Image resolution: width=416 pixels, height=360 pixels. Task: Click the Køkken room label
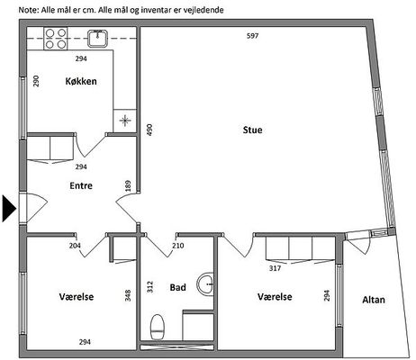click(x=81, y=81)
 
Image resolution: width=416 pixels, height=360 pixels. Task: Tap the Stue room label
click(x=252, y=130)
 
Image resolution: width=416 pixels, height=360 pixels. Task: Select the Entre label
click(x=81, y=185)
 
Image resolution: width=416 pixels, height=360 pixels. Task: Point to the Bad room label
click(x=178, y=287)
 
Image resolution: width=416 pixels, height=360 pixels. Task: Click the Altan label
click(x=374, y=300)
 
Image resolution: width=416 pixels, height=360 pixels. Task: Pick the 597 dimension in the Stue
click(x=252, y=36)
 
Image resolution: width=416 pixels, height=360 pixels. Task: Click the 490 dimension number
click(x=149, y=130)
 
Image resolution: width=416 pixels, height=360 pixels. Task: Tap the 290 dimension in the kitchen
click(x=36, y=81)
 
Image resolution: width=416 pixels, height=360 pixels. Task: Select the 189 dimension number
click(x=128, y=185)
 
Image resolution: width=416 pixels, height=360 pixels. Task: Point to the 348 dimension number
click(x=128, y=295)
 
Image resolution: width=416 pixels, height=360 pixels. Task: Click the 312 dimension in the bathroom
click(x=150, y=287)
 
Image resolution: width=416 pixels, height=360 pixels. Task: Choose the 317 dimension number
click(x=275, y=268)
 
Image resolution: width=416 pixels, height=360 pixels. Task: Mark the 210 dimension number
click(x=178, y=246)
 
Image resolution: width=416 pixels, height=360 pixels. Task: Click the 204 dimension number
click(x=75, y=246)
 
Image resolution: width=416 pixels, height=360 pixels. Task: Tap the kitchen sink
click(x=98, y=39)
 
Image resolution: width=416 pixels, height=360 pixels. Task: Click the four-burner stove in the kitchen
click(x=56, y=39)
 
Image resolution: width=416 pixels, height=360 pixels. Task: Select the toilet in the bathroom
click(x=158, y=327)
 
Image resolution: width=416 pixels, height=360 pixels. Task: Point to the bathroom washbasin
click(x=205, y=283)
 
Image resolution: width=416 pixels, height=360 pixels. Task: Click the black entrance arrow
click(x=9, y=209)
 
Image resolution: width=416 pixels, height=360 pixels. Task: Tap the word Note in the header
click(x=29, y=10)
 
